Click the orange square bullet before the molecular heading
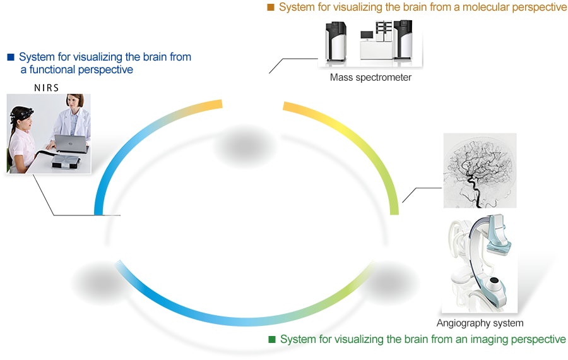pos(271,8)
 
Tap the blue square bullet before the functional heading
pos(10,57)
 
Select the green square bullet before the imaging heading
pos(272,340)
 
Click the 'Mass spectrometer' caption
pos(370,78)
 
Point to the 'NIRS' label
pos(47,88)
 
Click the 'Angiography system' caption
pos(480,323)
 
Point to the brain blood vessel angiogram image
pos(480,171)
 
